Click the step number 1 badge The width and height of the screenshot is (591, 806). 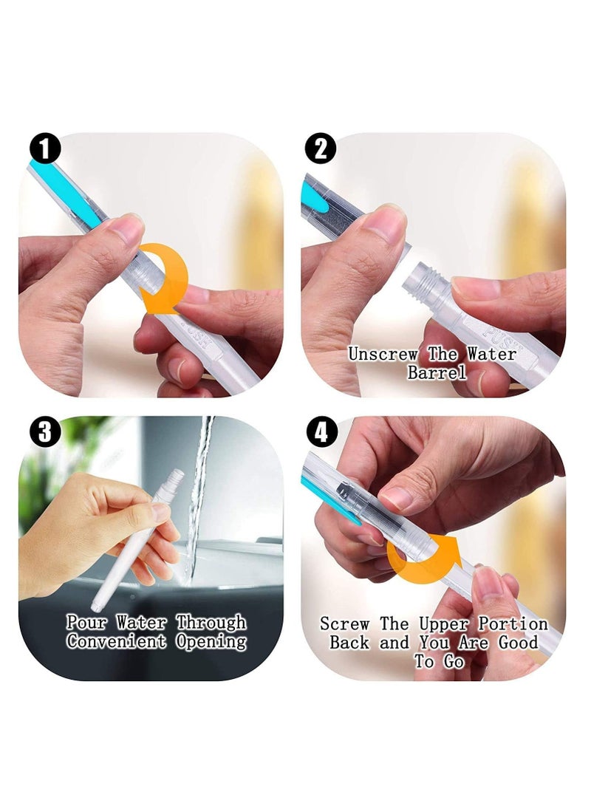[45, 149]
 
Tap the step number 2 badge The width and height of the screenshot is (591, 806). [321, 149]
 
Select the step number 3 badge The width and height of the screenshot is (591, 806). [45, 431]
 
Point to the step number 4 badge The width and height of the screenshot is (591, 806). [321, 431]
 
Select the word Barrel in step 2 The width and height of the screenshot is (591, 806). [437, 372]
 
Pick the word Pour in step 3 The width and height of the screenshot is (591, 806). [86, 623]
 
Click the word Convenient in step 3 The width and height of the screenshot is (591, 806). [116, 641]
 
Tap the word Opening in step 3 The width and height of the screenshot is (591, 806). [211, 642]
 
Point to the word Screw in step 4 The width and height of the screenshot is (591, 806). [344, 624]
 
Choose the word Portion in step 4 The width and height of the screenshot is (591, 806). [513, 624]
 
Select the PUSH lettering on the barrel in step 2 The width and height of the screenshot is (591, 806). [497, 337]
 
